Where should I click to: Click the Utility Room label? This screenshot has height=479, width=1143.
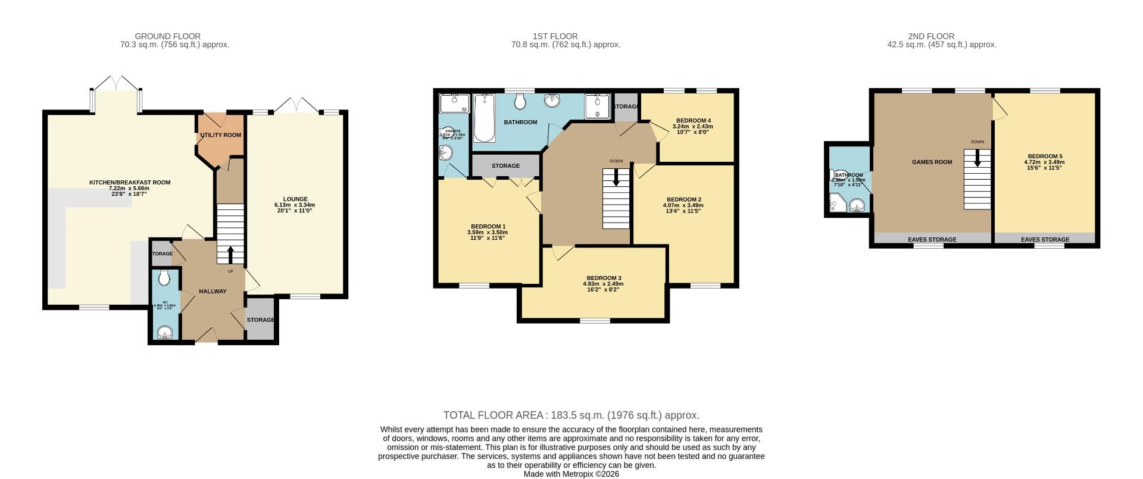[220, 135]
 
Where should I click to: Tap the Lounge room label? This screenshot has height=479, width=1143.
[295, 199]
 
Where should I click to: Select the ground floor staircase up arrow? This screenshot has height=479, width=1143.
[230, 255]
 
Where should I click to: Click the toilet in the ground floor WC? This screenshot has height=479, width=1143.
[164, 277]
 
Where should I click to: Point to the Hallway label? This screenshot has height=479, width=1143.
[213, 292]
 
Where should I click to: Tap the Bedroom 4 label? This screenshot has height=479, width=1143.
[694, 120]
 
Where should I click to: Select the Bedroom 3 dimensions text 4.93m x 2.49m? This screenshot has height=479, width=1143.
[603, 284]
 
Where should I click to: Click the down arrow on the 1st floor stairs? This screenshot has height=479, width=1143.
[616, 177]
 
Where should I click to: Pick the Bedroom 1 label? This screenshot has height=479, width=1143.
[488, 226]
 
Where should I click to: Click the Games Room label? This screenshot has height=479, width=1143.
[932, 162]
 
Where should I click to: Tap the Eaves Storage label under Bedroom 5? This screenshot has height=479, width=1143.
[1045, 240]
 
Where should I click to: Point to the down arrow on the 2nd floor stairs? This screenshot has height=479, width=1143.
[977, 158]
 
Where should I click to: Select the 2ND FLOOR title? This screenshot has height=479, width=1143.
[931, 36]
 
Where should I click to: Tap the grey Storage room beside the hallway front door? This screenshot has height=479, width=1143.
[260, 320]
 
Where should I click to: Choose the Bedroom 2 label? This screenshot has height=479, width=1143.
[683, 199]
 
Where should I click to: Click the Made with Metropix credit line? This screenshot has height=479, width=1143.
[571, 474]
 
